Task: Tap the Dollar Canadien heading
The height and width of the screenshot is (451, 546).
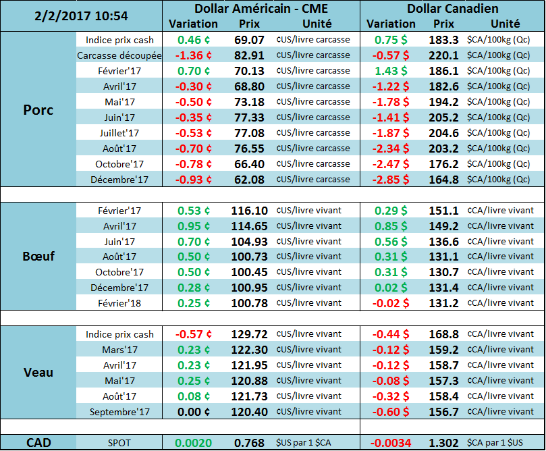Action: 453,9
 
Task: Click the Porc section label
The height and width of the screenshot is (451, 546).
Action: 38,110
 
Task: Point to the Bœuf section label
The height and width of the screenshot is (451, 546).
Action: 38,256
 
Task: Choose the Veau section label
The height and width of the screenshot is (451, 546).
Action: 38,372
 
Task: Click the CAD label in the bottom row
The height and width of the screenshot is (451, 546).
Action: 38,442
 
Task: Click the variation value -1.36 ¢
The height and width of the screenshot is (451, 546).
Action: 194,55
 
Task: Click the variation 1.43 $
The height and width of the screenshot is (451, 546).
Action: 391,71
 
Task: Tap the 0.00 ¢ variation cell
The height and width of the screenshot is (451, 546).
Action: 194,412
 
